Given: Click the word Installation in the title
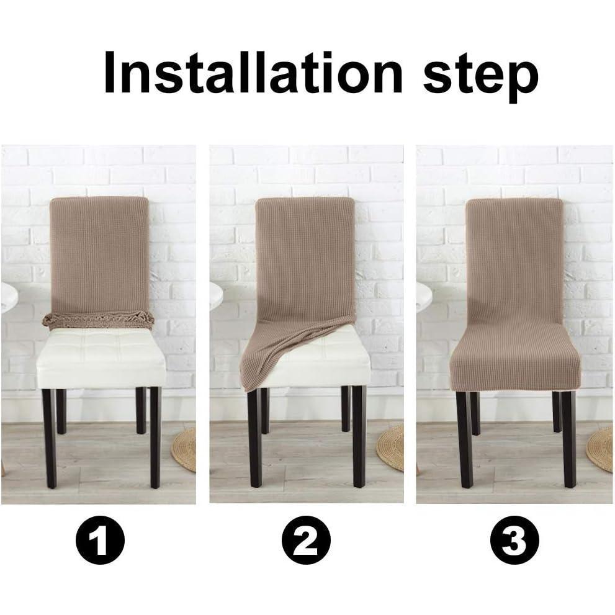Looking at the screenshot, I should (253, 73).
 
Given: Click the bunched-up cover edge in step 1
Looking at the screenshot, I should (98, 320).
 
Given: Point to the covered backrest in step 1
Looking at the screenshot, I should (99, 254).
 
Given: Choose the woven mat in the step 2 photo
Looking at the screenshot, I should (391, 447).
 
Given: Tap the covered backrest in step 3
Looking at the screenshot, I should (514, 261).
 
